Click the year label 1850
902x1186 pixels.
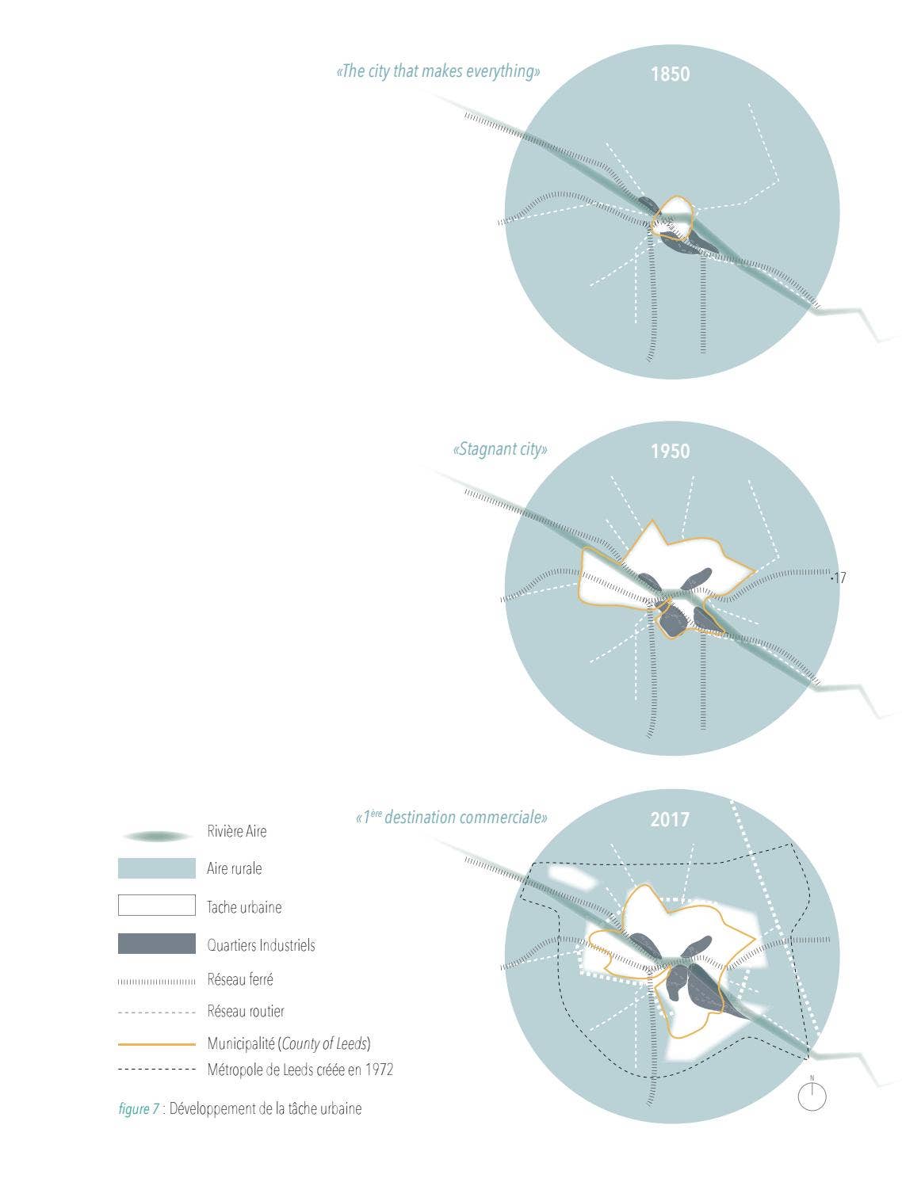(x=670, y=74)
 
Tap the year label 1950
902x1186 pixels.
(x=670, y=451)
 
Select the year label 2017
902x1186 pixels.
(x=670, y=820)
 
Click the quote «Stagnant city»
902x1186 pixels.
(x=500, y=449)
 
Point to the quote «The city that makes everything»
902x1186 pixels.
(x=438, y=71)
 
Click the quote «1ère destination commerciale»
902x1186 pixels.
(x=451, y=817)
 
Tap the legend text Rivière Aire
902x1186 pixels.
(x=237, y=831)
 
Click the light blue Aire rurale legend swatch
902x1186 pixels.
(x=157, y=868)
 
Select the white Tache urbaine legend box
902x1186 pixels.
(x=157, y=905)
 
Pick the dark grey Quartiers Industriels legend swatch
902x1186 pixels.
(x=157, y=944)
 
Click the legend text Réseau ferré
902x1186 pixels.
(x=240, y=979)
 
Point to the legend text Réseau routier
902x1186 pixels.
(x=246, y=1011)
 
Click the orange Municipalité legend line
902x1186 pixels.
(x=157, y=1044)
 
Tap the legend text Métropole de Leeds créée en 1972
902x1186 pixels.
(x=300, y=1070)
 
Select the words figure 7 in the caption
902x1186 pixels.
(x=139, y=1108)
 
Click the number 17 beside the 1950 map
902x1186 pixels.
(x=839, y=578)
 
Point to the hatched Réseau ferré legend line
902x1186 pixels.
(x=157, y=982)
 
